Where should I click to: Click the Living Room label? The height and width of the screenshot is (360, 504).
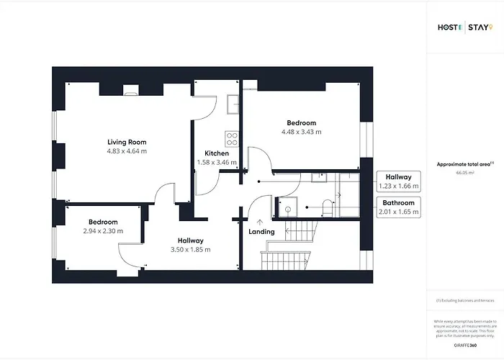click(x=127, y=142)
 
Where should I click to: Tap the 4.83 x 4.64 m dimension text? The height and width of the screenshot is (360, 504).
click(x=127, y=152)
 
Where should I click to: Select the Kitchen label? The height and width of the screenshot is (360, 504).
click(x=217, y=153)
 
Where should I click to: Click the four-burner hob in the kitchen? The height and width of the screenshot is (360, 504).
click(x=233, y=137)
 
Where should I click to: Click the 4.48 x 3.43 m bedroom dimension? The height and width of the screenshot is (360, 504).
click(x=302, y=132)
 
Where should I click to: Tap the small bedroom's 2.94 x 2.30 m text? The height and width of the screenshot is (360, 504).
click(x=103, y=231)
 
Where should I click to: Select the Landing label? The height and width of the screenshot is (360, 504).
click(x=261, y=232)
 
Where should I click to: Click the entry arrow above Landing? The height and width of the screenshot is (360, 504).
click(x=260, y=221)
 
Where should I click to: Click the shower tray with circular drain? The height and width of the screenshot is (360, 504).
click(x=286, y=207)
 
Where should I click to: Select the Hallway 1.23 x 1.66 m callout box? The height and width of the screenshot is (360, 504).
click(x=398, y=181)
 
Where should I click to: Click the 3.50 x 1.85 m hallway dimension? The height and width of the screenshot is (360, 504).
click(x=191, y=250)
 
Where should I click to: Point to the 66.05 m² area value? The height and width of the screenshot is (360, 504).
click(x=464, y=173)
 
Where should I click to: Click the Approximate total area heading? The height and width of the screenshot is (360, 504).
click(x=464, y=164)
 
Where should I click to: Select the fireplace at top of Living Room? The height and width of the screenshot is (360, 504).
click(x=131, y=90)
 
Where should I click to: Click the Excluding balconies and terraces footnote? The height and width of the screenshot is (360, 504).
click(x=464, y=300)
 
